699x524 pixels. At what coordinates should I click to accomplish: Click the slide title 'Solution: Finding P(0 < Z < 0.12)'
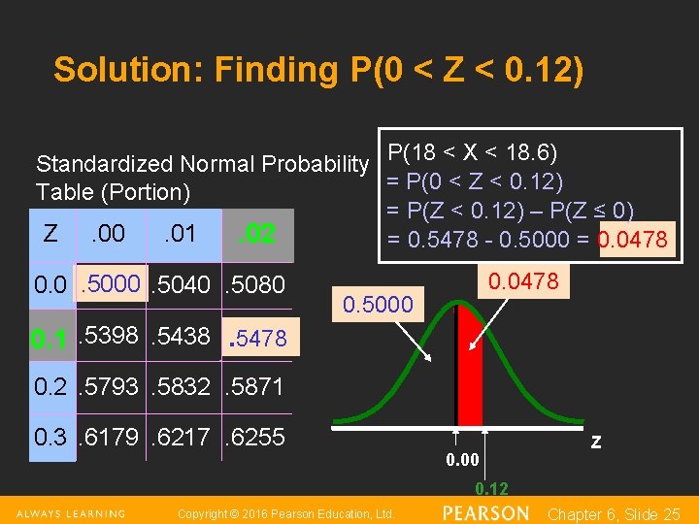point(318,70)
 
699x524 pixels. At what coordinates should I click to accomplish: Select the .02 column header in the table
point(258,234)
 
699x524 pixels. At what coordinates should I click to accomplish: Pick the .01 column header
point(181,233)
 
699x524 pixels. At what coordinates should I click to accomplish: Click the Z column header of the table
point(50,233)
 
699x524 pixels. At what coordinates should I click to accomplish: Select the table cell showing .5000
point(112,284)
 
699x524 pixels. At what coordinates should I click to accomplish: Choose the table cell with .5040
point(183,284)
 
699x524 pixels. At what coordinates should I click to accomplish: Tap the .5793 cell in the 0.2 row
point(112,386)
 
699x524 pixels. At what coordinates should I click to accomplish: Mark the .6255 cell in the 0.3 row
point(254,437)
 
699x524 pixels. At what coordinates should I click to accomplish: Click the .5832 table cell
point(183,386)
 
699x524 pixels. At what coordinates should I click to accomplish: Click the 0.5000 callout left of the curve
point(378,305)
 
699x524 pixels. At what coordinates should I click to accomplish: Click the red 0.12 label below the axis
point(491,488)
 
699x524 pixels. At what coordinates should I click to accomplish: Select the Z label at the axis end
point(595,442)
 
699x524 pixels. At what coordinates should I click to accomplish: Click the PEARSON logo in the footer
point(484,512)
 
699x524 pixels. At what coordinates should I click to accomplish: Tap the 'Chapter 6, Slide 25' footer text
point(614,513)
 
